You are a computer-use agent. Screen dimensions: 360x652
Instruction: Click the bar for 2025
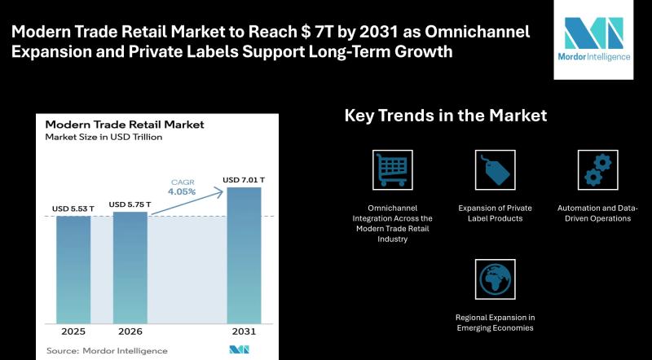pyautogui.click(x=73, y=269)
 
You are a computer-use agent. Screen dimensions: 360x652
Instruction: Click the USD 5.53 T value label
pyautogui.click(x=72, y=209)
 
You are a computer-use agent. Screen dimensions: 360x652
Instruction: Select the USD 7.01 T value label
pyautogui.click(x=244, y=179)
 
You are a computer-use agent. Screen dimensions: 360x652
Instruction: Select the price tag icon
pyautogui.click(x=495, y=169)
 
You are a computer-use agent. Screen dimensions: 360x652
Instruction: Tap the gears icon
pyautogui.click(x=597, y=169)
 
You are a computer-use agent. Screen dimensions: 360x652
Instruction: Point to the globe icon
pyautogui.click(x=495, y=279)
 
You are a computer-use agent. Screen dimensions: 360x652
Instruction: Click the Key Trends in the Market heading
pyautogui.click(x=445, y=116)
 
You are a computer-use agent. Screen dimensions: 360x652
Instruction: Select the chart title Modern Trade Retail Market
pyautogui.click(x=125, y=125)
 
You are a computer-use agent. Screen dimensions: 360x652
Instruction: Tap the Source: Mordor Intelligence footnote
pyautogui.click(x=106, y=350)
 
